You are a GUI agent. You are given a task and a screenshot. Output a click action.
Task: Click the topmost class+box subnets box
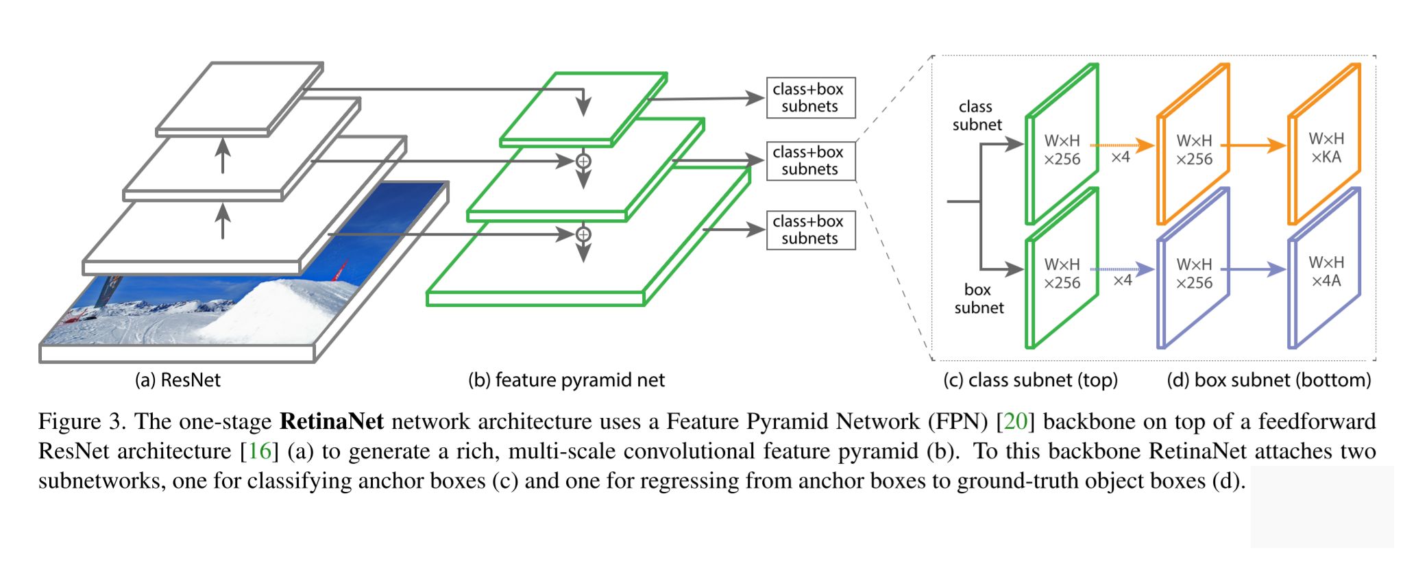(810, 98)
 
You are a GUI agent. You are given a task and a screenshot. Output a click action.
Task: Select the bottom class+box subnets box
(810, 230)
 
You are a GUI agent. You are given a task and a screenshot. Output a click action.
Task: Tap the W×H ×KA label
(1326, 148)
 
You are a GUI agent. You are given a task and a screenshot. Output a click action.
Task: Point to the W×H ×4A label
(1326, 272)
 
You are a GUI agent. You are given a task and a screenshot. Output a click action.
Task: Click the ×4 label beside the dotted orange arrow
(1120, 158)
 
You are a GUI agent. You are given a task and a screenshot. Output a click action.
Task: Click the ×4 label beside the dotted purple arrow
(1122, 280)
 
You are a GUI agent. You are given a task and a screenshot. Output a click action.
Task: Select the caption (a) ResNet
(178, 380)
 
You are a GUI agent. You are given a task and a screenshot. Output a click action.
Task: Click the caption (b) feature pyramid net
(566, 380)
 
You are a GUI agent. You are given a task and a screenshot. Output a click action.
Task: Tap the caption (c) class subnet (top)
(1030, 380)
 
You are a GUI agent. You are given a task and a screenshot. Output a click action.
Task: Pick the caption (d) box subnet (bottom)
(1269, 380)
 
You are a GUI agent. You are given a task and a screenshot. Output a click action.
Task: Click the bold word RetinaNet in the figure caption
(332, 421)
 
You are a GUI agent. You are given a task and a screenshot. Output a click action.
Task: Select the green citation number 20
(1015, 421)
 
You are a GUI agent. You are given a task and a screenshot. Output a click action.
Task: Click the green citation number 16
(260, 451)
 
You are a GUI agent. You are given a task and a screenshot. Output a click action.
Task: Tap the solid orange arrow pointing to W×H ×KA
(1254, 145)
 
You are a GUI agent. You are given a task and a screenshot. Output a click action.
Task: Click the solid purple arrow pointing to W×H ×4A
(1254, 269)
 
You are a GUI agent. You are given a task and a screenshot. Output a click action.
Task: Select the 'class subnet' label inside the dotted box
(977, 116)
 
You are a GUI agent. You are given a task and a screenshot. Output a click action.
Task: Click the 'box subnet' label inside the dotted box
(979, 299)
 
